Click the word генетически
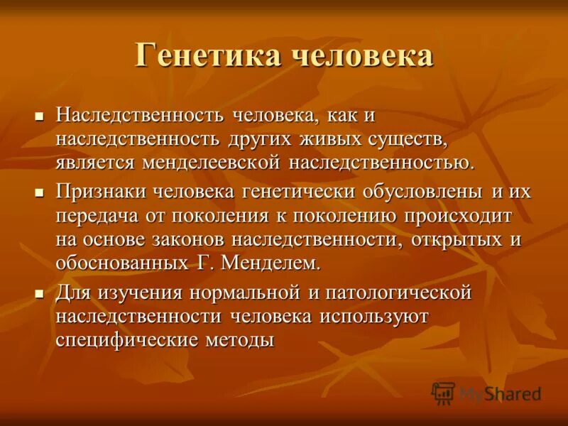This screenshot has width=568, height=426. coord(307,192)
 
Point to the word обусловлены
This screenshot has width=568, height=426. coord(420,192)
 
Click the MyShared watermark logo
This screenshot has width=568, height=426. coord(486,393)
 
